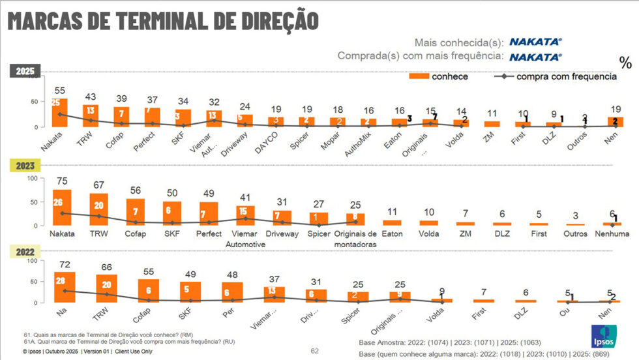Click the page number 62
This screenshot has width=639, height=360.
(x=314, y=351)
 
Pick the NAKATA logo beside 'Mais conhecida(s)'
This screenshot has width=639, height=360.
(x=535, y=41)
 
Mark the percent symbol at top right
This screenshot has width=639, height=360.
(x=625, y=63)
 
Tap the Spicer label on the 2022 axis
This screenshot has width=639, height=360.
(x=351, y=320)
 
